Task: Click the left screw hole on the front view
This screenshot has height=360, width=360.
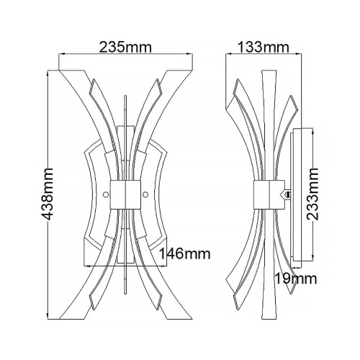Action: (x=106, y=194)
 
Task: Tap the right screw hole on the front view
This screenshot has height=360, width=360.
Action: (x=146, y=194)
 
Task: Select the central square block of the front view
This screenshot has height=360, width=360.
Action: (x=126, y=194)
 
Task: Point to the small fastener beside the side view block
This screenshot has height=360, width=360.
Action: (x=289, y=193)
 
